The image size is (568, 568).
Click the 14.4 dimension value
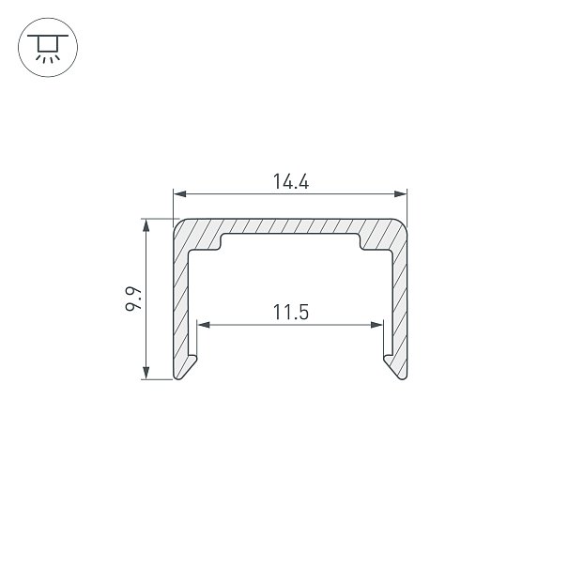pos(290,181)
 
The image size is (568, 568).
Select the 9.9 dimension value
pos(133,299)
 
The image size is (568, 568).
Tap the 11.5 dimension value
pos(290,312)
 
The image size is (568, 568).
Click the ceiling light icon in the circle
pos(48,48)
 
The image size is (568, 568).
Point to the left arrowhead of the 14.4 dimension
pos(180,194)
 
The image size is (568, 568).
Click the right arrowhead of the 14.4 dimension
pos(400,194)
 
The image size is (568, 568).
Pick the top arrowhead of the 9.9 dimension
pos(146,225)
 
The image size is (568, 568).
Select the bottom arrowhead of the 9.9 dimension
pos(146,373)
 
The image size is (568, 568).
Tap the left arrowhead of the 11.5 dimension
pos(204,325)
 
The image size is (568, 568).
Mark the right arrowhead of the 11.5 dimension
pos(376,325)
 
